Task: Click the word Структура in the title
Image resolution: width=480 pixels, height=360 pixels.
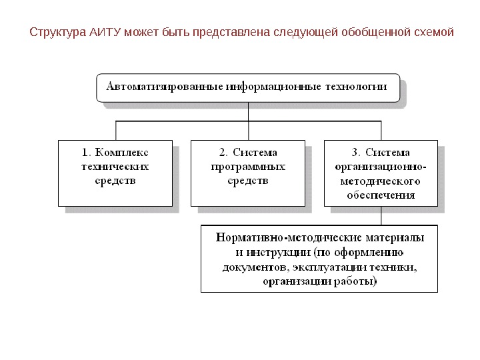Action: pyautogui.click(x=58, y=32)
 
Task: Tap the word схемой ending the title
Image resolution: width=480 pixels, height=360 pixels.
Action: pyautogui.click(x=433, y=32)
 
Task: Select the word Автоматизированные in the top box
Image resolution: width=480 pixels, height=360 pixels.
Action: pyautogui.click(x=163, y=87)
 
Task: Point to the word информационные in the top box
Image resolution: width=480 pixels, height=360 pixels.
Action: pyautogui.click(x=273, y=87)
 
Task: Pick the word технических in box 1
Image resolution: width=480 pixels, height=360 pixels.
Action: pyautogui.click(x=115, y=166)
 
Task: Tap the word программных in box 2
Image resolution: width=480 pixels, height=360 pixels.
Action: pyautogui.click(x=247, y=166)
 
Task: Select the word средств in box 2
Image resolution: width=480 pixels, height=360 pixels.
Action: pyautogui.click(x=247, y=181)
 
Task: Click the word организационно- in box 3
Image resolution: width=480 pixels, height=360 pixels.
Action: pyautogui.click(x=381, y=167)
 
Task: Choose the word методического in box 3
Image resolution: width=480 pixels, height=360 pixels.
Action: pyautogui.click(x=381, y=181)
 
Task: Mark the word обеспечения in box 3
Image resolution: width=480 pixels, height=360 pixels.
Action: pyautogui.click(x=381, y=195)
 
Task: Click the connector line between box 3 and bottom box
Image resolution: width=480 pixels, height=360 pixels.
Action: pyautogui.click(x=381, y=216)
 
